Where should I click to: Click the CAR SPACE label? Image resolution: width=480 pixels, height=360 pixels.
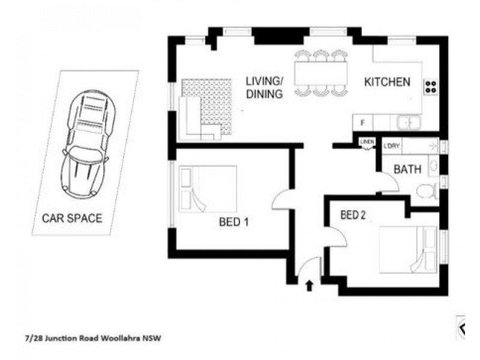pyautogui.click(x=72, y=218)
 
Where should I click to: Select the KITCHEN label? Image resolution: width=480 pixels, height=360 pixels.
pyautogui.click(x=388, y=82)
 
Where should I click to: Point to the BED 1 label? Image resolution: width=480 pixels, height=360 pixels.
pyautogui.click(x=233, y=223)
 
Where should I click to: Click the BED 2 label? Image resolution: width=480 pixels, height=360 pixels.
pyautogui.click(x=353, y=214)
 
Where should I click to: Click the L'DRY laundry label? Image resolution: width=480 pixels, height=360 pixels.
pyautogui.click(x=391, y=145)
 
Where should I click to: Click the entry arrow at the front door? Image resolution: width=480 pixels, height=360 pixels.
pyautogui.click(x=309, y=286)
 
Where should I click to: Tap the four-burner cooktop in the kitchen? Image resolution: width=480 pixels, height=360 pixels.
pyautogui.click(x=431, y=86)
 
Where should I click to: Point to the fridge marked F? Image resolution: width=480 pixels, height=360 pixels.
pyautogui.click(x=362, y=123)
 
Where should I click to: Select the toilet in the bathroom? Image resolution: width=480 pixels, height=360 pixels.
pyautogui.click(x=428, y=191)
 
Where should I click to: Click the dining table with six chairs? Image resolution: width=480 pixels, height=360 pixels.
pyautogui.click(x=320, y=73)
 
